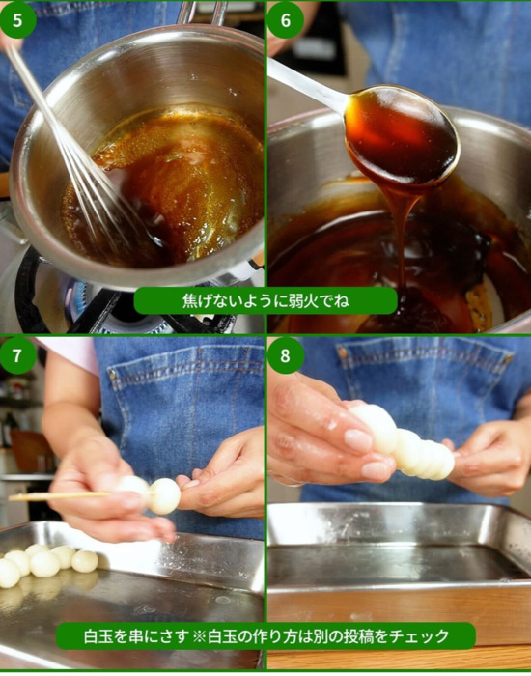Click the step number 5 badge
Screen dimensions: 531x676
tap(17, 19)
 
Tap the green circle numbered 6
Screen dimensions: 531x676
tap(286, 20)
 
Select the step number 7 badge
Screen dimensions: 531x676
tap(17, 355)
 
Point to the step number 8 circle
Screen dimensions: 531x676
tap(286, 355)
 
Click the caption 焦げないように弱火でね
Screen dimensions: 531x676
tap(265, 300)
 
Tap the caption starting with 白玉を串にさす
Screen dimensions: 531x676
tap(265, 635)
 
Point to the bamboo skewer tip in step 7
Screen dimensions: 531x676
tap(11, 497)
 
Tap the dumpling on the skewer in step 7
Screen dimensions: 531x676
tap(164, 495)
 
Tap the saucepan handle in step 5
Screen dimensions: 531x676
tap(202, 13)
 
